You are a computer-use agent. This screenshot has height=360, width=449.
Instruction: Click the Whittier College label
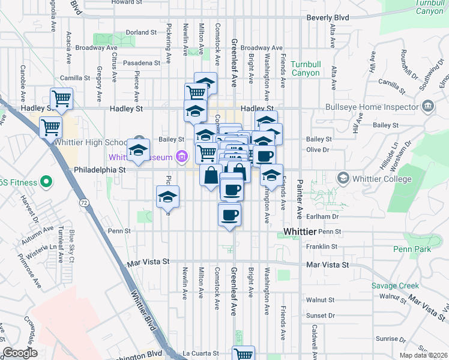click(382, 179)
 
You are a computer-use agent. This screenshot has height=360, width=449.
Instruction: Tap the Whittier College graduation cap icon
click(343, 178)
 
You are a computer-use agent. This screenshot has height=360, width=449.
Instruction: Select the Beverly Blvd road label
click(328, 18)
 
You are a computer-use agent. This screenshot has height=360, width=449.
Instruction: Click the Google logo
click(20, 353)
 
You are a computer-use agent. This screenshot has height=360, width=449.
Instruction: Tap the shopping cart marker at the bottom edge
click(243, 354)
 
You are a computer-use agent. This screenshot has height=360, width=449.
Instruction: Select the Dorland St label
click(141, 32)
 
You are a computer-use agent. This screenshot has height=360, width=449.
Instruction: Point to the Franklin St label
click(322, 247)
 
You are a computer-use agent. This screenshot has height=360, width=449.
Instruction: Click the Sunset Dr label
click(319, 314)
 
